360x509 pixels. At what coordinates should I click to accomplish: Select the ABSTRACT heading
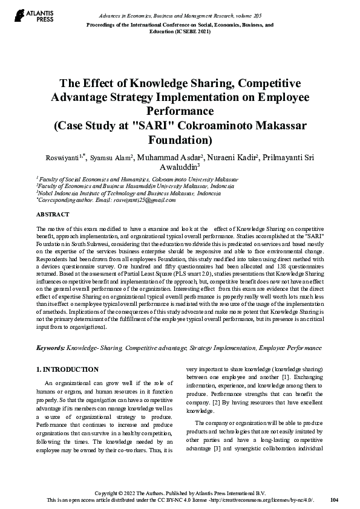pos(53,215)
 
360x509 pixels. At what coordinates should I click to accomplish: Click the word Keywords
pos(51,348)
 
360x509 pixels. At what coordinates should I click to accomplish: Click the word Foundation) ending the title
pos(180,140)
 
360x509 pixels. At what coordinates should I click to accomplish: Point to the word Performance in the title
pos(180,111)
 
